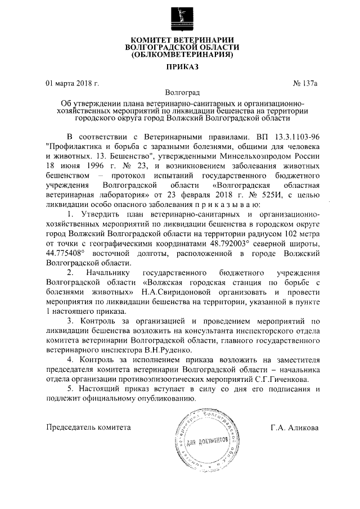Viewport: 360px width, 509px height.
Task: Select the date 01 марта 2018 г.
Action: click(72, 83)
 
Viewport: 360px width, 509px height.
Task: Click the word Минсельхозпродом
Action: click(259, 157)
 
